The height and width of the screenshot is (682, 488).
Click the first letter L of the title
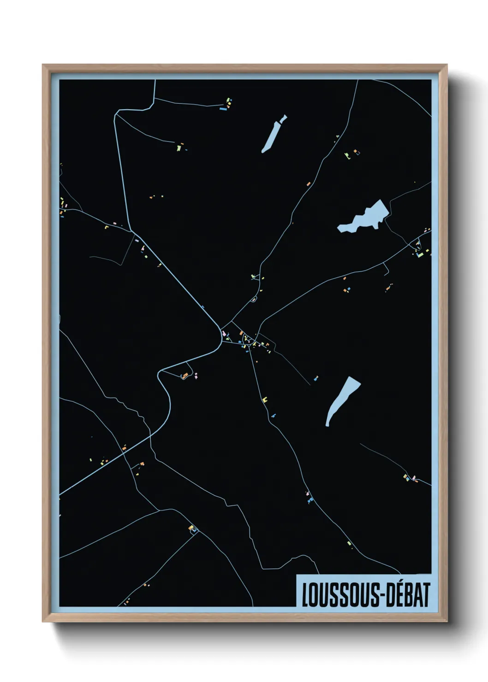305,595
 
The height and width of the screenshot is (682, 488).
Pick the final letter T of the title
426,595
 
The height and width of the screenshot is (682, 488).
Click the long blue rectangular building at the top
223,109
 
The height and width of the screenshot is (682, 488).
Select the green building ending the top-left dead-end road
178,148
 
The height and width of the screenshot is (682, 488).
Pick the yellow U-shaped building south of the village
265,400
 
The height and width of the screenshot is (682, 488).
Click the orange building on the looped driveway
185,376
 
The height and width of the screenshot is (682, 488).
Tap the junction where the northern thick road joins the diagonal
132,231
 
